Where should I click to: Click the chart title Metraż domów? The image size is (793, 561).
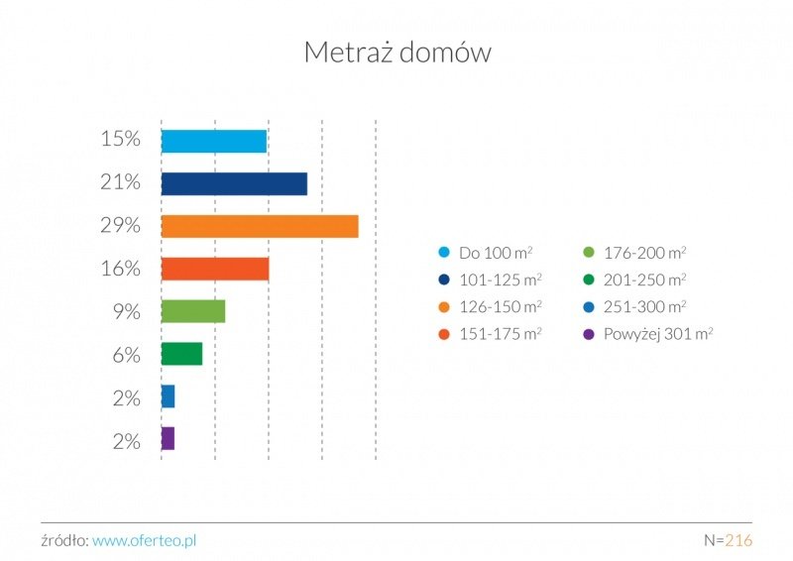point(396,53)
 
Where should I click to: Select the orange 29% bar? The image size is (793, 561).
point(259,226)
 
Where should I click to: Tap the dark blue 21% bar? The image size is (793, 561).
point(234,183)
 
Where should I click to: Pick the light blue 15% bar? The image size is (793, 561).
point(213,141)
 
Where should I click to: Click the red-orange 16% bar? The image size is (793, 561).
point(214,269)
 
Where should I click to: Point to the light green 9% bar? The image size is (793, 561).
point(192,311)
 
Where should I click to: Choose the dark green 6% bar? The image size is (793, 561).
point(181,354)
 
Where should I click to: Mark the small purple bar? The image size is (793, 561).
point(168,438)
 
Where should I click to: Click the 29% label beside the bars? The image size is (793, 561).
point(120,226)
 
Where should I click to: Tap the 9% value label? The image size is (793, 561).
point(126,311)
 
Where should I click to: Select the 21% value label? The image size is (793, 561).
point(120,183)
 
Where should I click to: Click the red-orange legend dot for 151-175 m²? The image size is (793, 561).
point(443,334)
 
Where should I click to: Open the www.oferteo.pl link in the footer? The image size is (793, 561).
point(145,541)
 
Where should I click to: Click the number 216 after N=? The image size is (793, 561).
point(738,541)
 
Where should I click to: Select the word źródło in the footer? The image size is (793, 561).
point(63,541)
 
